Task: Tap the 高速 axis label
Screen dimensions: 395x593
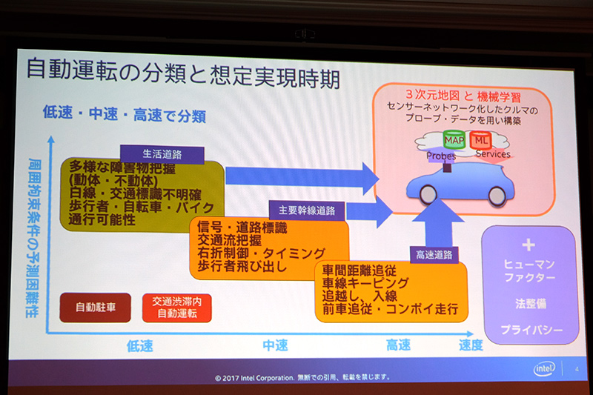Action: point(397,345)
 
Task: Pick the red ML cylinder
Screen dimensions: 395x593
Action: point(481,140)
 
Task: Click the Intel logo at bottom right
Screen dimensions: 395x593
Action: point(545,368)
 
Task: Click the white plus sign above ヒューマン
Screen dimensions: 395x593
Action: point(528,245)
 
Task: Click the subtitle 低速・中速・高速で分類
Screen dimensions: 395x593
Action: point(124,116)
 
